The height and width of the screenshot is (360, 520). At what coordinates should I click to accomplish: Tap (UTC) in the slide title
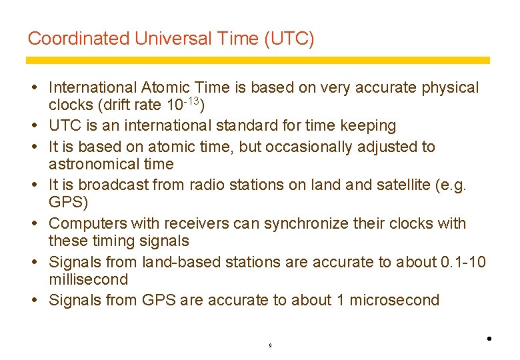[x=289, y=39]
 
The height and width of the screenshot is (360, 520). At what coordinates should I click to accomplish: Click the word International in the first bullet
[x=93, y=87]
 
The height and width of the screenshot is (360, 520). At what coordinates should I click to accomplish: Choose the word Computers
[x=87, y=223]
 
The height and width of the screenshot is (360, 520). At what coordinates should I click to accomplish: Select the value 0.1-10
[x=463, y=262]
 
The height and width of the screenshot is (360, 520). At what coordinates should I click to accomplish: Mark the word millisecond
[x=88, y=280]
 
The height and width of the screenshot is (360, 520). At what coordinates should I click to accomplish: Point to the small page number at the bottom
[x=269, y=346]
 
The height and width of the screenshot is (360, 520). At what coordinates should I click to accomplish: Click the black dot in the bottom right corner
[x=489, y=339]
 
